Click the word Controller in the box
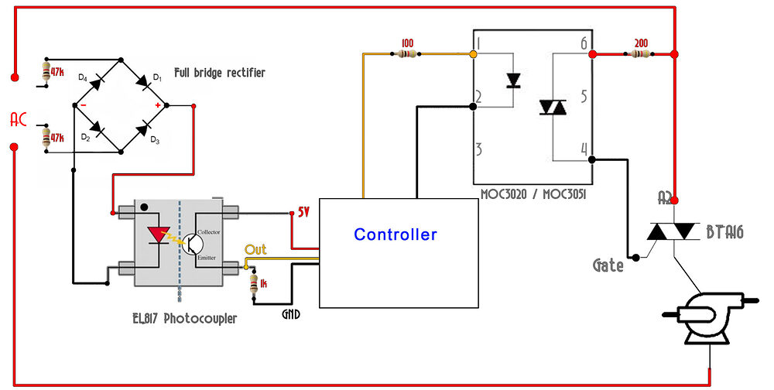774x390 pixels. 395,234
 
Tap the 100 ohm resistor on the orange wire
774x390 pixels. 408,54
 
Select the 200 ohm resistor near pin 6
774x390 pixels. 640,54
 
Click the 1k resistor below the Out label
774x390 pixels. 254,284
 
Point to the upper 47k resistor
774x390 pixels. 47,73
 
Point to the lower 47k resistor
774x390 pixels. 47,138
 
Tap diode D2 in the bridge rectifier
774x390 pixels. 98,128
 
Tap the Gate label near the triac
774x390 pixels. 608,265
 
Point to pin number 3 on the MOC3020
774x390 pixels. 480,149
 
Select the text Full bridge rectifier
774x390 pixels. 219,73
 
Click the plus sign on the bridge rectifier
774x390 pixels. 159,105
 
